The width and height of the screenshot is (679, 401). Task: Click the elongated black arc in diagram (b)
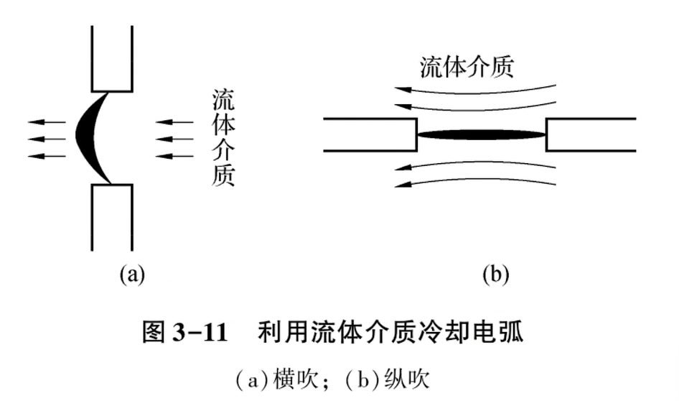click(x=481, y=134)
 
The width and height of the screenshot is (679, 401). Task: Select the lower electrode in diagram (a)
click(x=113, y=216)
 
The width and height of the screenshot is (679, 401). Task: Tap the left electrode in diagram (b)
click(x=370, y=134)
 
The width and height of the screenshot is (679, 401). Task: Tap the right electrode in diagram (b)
click(x=590, y=134)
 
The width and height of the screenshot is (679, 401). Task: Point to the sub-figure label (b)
click(x=495, y=274)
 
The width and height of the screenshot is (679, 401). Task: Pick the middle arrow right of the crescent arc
click(x=174, y=139)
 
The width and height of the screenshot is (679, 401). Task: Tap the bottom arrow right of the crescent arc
click(x=174, y=156)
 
